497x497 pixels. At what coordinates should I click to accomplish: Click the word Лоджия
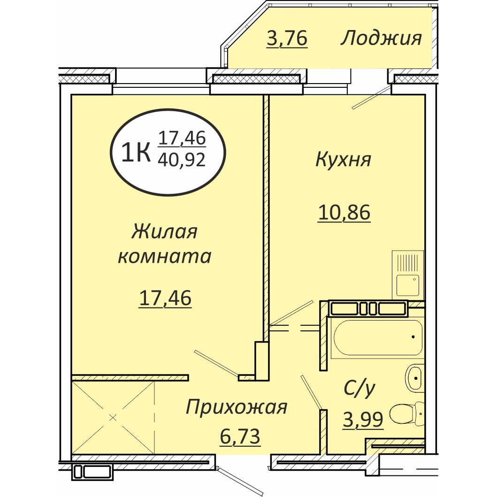pyautogui.click(x=381, y=38)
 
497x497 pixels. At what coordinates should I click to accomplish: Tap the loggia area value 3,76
pyautogui.click(x=286, y=38)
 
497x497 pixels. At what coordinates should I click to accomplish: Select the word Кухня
pyautogui.click(x=344, y=160)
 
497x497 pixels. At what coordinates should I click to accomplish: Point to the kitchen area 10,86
pyautogui.click(x=344, y=213)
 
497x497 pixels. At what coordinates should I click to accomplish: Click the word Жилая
pyautogui.click(x=164, y=232)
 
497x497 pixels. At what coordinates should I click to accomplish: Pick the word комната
pyautogui.click(x=164, y=256)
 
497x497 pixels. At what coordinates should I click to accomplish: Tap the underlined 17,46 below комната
pyautogui.click(x=165, y=298)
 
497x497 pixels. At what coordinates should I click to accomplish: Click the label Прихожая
pyautogui.click(x=236, y=407)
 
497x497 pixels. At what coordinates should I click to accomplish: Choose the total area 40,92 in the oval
pyautogui.click(x=182, y=161)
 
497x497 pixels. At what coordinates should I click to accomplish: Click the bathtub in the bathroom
pyautogui.click(x=377, y=337)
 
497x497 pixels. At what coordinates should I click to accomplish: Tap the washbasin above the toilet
pyautogui.click(x=414, y=376)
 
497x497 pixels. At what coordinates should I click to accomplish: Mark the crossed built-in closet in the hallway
pyautogui.click(x=113, y=417)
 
